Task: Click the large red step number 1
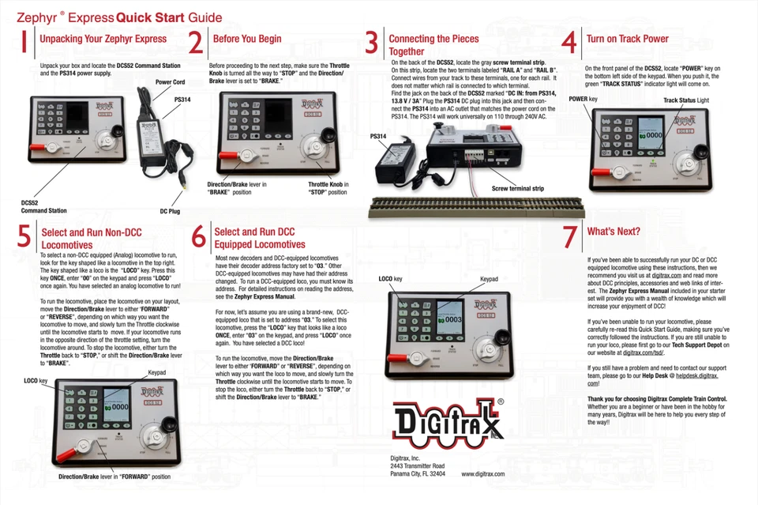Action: [24, 43]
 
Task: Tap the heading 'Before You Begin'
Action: [247, 39]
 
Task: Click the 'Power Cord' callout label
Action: [170, 82]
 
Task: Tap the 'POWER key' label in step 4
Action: [583, 100]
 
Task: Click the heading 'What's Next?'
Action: [614, 232]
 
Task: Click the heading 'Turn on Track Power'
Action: [627, 39]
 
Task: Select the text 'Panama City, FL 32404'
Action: [418, 473]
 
